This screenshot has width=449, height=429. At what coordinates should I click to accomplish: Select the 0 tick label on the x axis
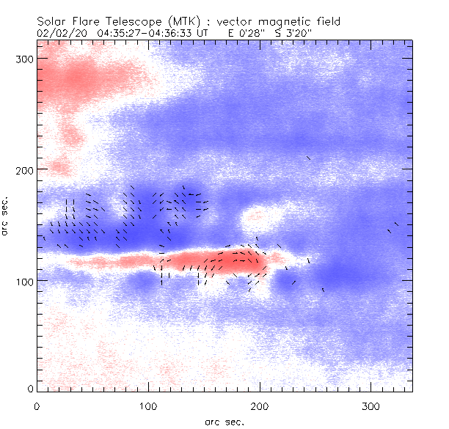point(37,406)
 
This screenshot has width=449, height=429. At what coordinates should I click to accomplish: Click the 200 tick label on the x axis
point(259,406)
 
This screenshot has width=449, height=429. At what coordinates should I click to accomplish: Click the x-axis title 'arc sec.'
point(224,421)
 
